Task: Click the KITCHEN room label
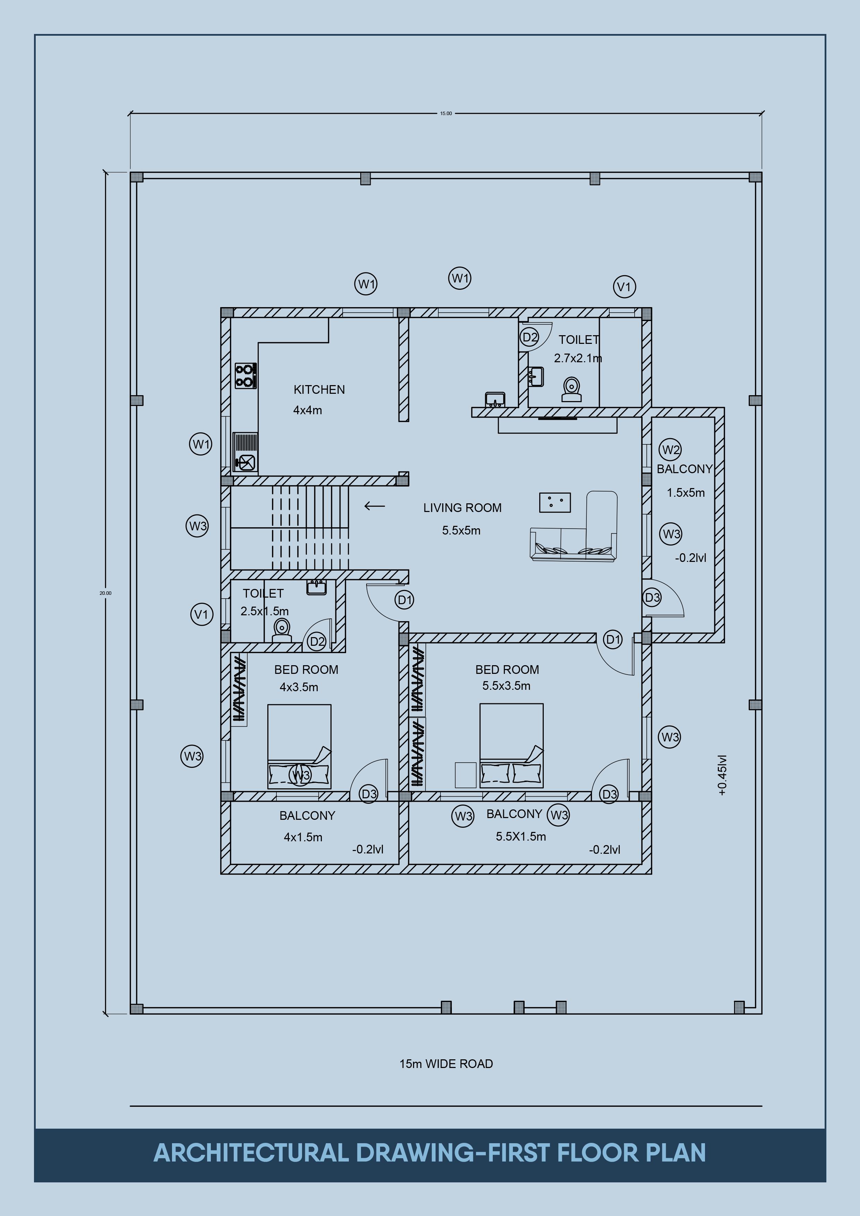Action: point(319,390)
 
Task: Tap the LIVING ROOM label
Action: point(462,508)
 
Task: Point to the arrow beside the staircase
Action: point(375,506)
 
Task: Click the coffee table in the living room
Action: point(555,502)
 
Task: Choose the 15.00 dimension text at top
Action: point(446,113)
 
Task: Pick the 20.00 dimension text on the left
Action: point(105,593)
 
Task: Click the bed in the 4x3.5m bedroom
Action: point(299,746)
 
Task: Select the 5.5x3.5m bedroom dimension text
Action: point(506,686)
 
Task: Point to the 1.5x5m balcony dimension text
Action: point(686,493)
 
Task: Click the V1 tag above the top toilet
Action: point(624,287)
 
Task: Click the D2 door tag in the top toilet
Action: point(530,337)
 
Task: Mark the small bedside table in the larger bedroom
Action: point(466,775)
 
